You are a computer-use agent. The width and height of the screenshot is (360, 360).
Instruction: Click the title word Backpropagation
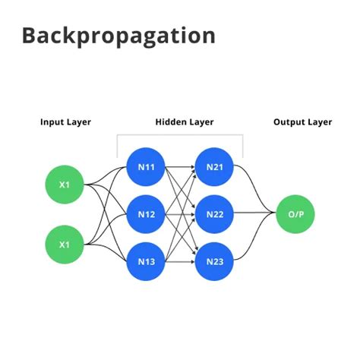[x=118, y=36]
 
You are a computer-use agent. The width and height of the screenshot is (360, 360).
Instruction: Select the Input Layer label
[x=65, y=122]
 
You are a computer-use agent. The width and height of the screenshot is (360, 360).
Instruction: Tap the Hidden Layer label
[x=185, y=122]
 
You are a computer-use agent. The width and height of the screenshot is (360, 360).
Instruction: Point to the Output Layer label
[x=304, y=122]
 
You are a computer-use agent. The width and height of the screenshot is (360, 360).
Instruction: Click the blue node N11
[x=146, y=166]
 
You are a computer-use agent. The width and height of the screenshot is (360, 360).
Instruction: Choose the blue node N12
[x=146, y=215]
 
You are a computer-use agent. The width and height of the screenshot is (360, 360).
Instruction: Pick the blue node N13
[x=146, y=262]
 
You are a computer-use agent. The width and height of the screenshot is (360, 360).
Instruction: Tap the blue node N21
[x=214, y=166]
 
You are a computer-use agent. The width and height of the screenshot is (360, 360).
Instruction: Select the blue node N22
[x=214, y=215]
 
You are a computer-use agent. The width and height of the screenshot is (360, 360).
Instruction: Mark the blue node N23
[x=214, y=262]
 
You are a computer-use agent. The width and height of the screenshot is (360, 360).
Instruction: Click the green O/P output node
[x=295, y=215]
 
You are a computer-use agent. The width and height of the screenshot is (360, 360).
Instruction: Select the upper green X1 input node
[x=65, y=184]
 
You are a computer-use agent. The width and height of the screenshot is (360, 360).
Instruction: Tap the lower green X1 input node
[x=65, y=245]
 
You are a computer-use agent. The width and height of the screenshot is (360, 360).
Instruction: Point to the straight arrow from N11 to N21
[x=180, y=166]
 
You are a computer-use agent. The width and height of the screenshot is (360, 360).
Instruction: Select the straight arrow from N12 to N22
[x=180, y=215]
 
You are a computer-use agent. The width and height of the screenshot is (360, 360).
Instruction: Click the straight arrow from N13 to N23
[x=180, y=262]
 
